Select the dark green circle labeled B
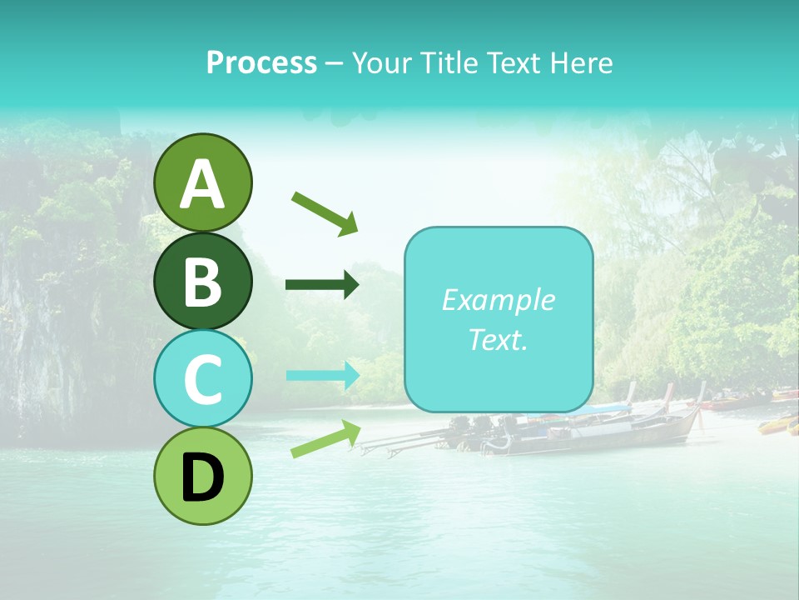(202, 281)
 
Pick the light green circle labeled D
(202, 476)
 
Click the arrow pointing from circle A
(325, 212)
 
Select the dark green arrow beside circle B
(322, 285)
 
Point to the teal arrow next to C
(323, 375)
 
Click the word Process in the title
(261, 62)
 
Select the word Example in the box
(498, 300)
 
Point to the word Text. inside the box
(498, 339)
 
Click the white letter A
(202, 184)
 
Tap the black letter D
(202, 478)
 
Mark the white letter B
(202, 282)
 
